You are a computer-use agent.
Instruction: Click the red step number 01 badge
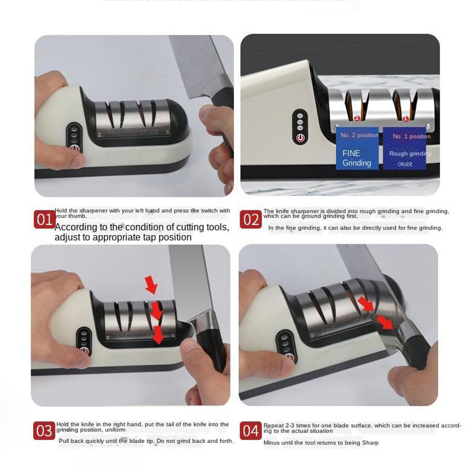(44, 220)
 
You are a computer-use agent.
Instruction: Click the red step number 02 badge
(251, 220)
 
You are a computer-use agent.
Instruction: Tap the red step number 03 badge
(44, 431)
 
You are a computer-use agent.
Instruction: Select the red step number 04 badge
(251, 431)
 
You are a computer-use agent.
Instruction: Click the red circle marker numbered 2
(357, 119)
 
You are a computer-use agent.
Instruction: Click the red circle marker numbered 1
(405, 119)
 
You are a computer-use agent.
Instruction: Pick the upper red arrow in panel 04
(365, 303)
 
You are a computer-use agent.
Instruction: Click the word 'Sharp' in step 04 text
(369, 443)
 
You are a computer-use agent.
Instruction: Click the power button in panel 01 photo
(74, 148)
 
